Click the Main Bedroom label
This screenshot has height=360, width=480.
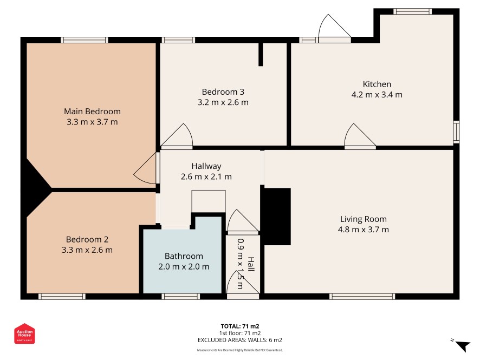(x=92, y=112)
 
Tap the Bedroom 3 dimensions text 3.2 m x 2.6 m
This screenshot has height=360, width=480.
(x=223, y=102)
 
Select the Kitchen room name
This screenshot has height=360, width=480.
(x=377, y=84)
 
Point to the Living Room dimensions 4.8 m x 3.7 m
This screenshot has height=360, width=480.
(x=364, y=230)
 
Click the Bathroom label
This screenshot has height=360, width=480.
(x=184, y=256)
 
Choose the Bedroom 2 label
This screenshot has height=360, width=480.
(x=87, y=239)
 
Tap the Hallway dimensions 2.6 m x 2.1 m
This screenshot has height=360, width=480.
(x=206, y=176)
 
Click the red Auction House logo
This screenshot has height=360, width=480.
(x=24, y=333)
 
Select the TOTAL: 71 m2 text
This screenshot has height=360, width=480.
(x=240, y=326)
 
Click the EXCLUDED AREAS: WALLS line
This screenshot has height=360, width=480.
(x=240, y=340)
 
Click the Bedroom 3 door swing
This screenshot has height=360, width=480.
(x=177, y=136)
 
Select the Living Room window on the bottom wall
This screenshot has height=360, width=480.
(x=362, y=296)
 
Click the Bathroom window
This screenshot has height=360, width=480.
(x=180, y=296)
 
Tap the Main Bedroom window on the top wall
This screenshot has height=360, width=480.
(x=85, y=40)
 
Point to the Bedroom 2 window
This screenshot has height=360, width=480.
(x=62, y=296)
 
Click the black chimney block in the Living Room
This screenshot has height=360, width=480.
(x=276, y=217)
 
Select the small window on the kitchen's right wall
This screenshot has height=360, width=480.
(x=456, y=132)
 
